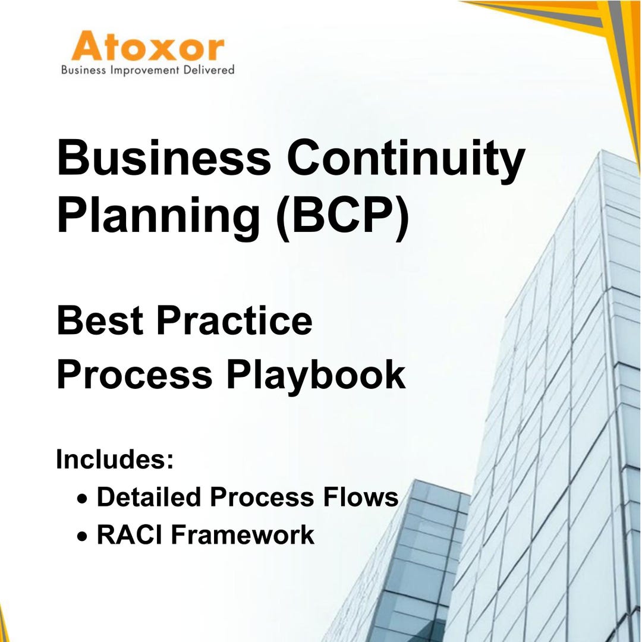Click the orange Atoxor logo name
click(x=147, y=48)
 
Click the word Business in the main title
click(x=163, y=159)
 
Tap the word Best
click(x=100, y=320)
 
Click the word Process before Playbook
click(x=134, y=375)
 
